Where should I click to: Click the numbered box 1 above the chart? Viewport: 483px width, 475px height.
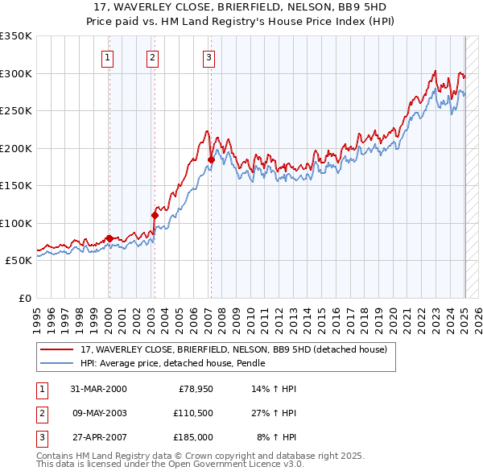(x=108, y=57)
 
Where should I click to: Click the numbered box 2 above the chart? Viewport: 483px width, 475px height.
(x=152, y=57)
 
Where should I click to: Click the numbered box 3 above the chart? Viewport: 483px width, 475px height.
(x=208, y=57)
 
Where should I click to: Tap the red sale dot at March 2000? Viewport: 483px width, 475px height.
(x=109, y=238)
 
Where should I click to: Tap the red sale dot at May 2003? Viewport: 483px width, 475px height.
(x=154, y=215)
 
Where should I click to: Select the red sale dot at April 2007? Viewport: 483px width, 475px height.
(x=211, y=159)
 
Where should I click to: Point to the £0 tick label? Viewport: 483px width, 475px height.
(x=24, y=298)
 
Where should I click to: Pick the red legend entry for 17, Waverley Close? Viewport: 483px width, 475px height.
(x=233, y=349)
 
